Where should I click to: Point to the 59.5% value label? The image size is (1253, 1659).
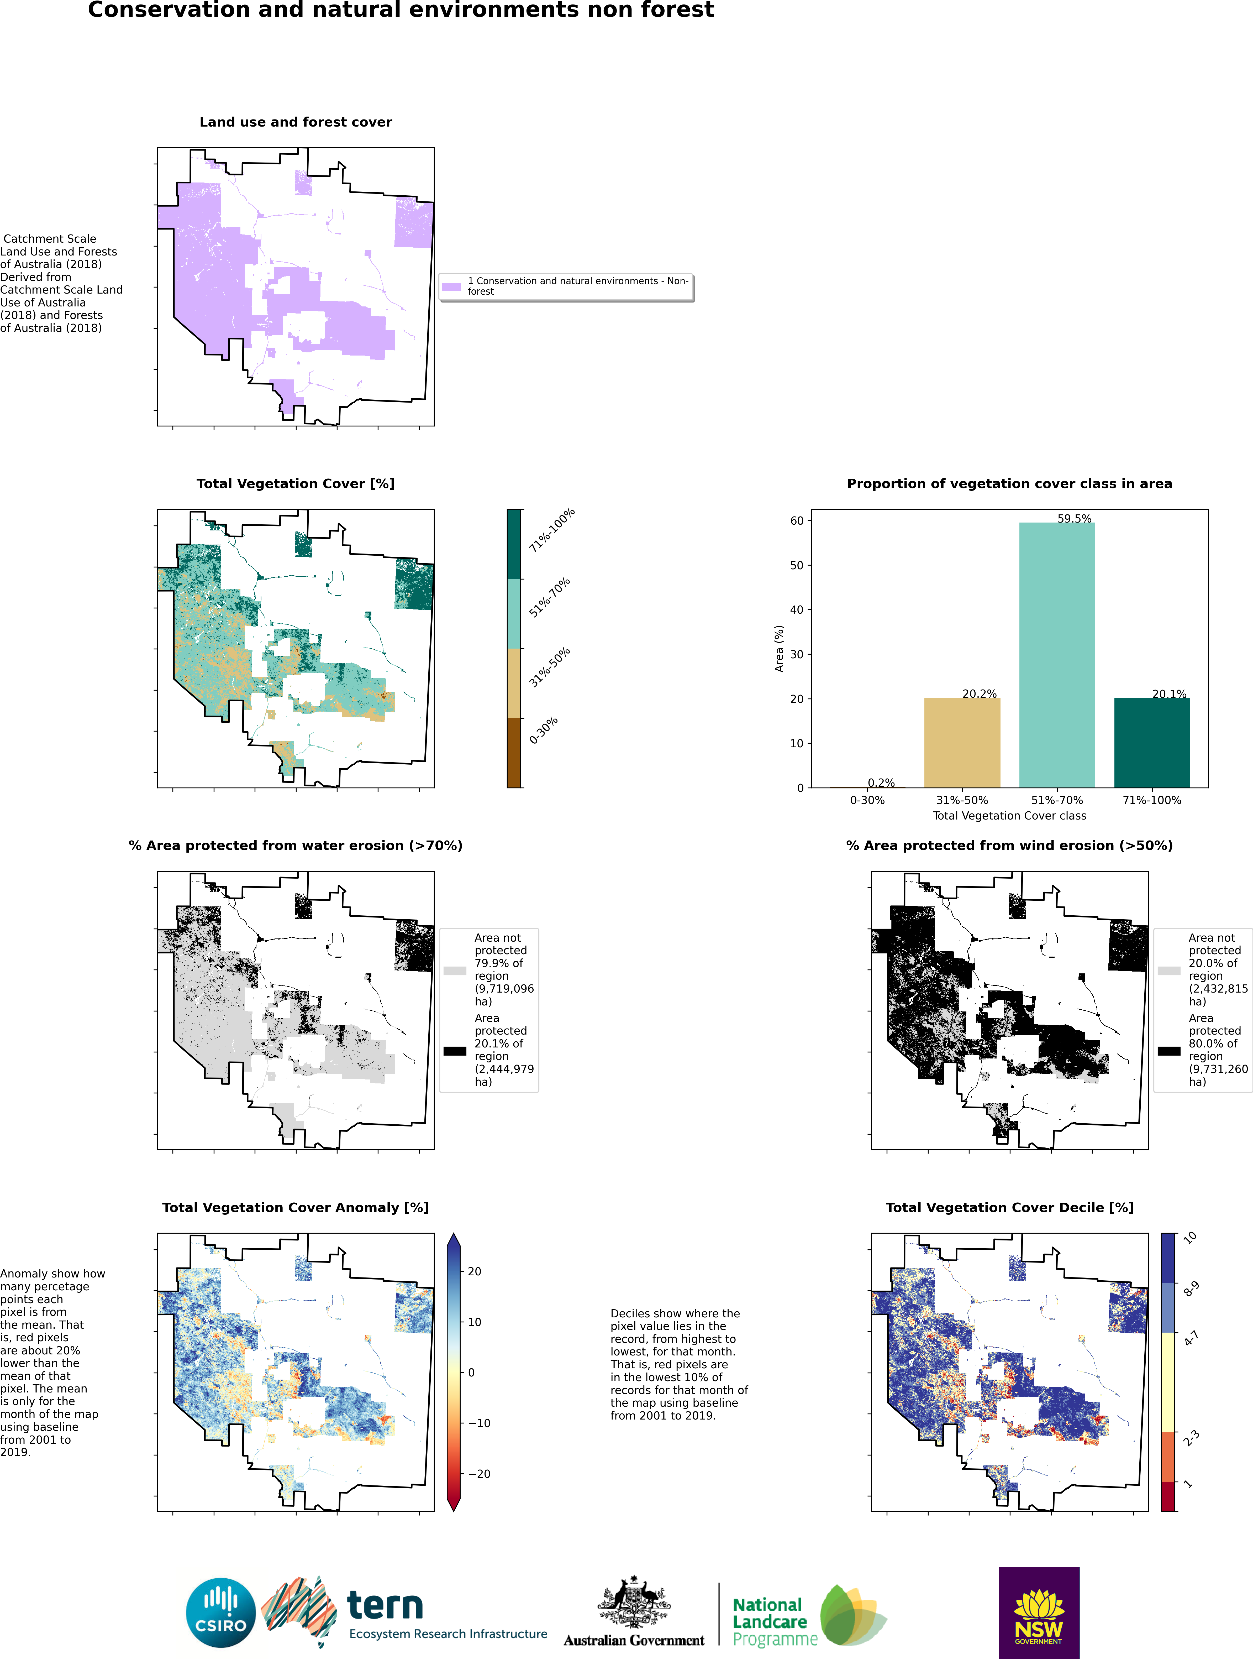(1074, 518)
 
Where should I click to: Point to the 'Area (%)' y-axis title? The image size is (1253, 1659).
(779, 649)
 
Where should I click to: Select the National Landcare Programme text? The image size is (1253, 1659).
(772, 1621)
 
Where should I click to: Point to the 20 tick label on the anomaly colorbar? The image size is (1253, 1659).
(474, 1271)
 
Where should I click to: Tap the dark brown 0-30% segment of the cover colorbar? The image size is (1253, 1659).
(514, 752)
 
